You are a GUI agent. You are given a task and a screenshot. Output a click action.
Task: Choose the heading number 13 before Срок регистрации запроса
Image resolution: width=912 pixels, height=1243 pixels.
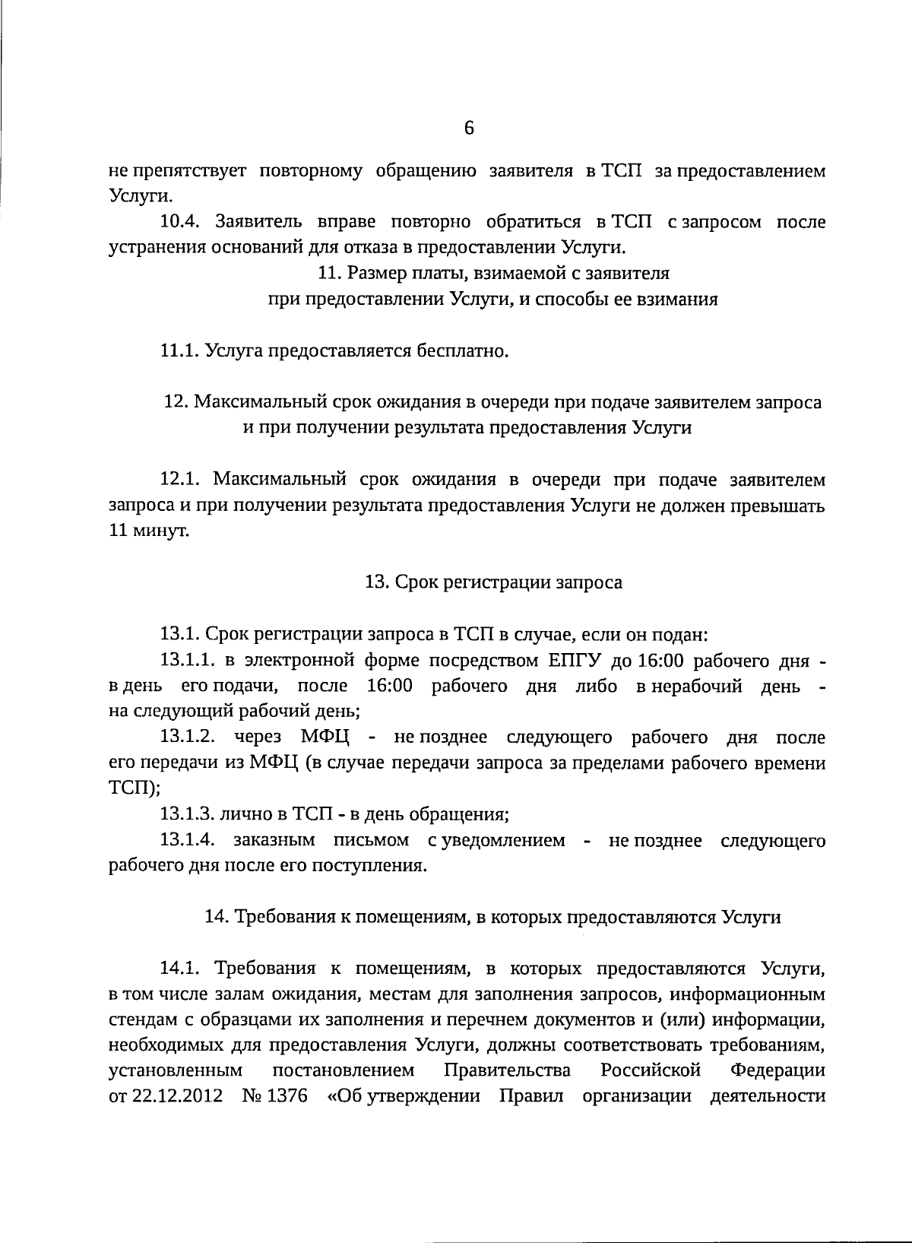(376, 582)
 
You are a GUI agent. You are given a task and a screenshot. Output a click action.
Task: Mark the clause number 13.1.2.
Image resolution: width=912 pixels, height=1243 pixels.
(190, 737)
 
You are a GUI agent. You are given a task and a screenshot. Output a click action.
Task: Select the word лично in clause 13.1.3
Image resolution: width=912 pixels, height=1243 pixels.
(243, 814)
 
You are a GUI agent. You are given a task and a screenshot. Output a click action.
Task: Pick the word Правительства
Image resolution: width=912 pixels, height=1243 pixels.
(507, 1070)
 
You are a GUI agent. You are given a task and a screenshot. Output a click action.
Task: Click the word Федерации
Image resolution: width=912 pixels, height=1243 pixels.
(777, 1070)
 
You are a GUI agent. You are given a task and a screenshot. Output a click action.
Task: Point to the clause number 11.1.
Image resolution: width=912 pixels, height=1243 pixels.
(179, 351)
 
